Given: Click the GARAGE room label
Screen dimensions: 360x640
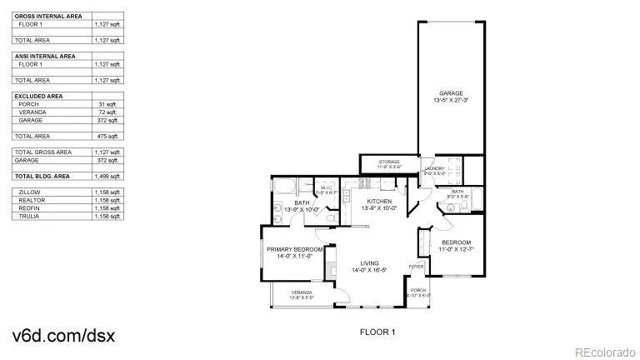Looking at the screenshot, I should click(x=451, y=93).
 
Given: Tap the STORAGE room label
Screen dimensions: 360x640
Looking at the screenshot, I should click(x=389, y=162).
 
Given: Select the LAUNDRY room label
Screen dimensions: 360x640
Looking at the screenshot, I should click(x=435, y=168).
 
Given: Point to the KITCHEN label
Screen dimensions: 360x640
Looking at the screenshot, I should click(x=379, y=202).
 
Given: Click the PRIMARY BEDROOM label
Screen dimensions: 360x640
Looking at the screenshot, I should click(x=295, y=249).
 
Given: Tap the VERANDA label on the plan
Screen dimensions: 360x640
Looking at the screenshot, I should click(x=302, y=292).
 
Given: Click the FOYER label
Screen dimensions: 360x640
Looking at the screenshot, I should click(x=415, y=267).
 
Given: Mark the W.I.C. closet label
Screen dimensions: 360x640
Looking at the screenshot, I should click(x=327, y=187).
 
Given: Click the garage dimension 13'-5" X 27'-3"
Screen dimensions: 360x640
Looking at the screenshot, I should click(x=451, y=101).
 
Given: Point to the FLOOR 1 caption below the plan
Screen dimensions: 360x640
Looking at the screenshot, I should click(x=377, y=332).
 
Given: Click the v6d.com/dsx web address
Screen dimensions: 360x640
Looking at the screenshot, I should click(x=63, y=336).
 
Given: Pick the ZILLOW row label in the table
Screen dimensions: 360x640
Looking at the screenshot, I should click(x=28, y=192).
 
